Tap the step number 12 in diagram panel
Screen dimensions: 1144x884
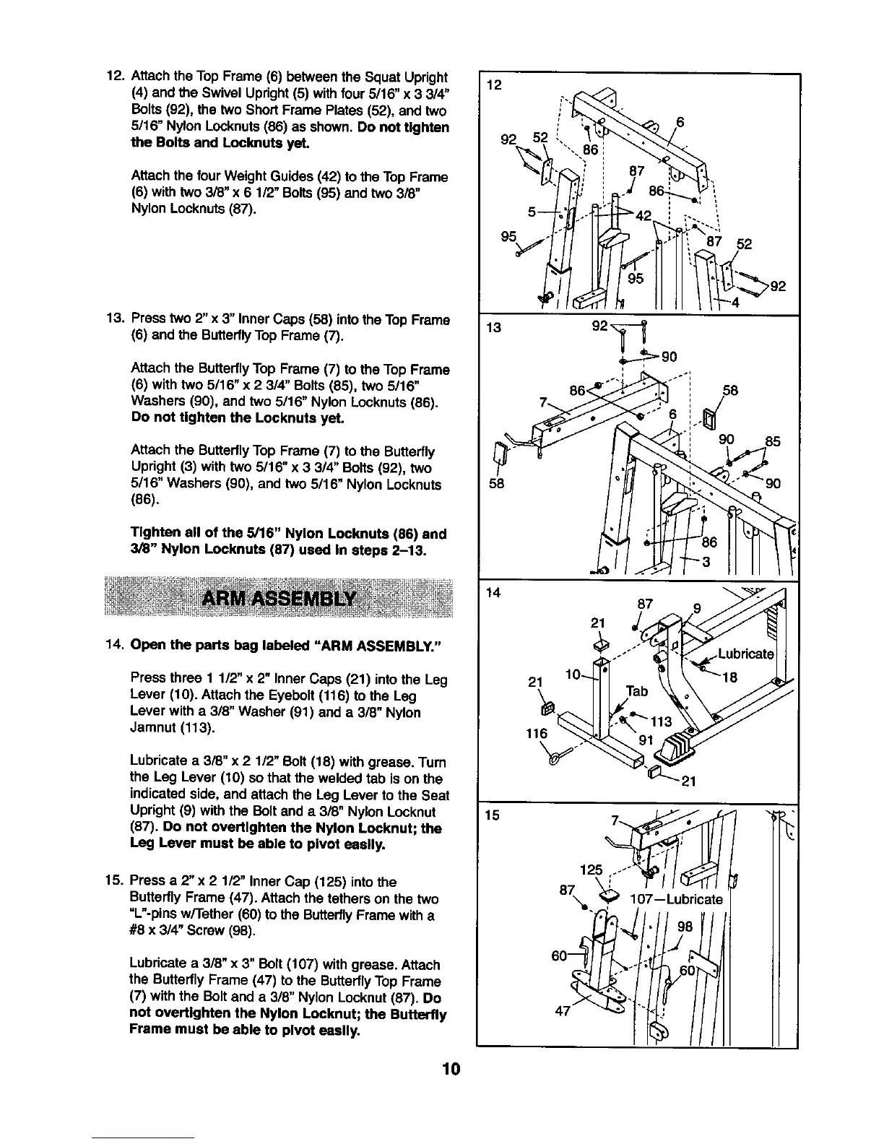[x=494, y=86]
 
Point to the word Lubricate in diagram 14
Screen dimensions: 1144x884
[x=745, y=654]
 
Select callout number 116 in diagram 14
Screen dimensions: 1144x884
[x=537, y=733]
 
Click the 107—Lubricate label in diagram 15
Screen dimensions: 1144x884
[x=676, y=899]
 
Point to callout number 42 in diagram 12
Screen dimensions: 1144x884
[x=644, y=216]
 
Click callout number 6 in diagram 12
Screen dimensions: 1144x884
[x=680, y=121]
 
